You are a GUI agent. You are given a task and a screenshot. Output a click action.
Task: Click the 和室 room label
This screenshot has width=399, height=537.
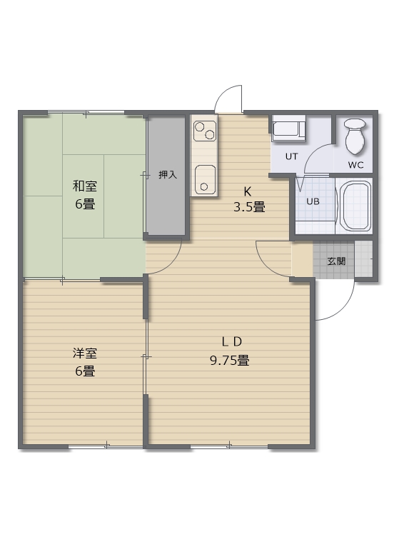[x=84, y=187]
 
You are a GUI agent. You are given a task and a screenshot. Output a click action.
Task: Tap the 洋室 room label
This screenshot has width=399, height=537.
[x=84, y=353]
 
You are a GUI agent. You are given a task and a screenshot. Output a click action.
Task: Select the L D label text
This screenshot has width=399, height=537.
[x=229, y=340]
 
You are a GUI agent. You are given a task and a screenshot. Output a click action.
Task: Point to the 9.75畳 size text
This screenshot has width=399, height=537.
[x=229, y=361]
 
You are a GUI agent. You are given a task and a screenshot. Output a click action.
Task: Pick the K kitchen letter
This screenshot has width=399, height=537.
[x=248, y=191]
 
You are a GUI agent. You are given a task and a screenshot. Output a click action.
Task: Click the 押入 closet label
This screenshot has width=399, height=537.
[x=168, y=175]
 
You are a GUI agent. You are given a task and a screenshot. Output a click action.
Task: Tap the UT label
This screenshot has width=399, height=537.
[x=291, y=156]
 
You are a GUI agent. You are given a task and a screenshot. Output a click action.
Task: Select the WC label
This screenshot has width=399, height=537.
[x=355, y=165]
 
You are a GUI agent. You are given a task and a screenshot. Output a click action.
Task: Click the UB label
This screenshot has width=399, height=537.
[x=313, y=201]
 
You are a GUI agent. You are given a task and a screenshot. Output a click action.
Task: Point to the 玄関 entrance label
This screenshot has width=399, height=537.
[x=336, y=261]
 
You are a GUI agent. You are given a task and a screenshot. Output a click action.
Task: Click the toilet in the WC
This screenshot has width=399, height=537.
[x=355, y=136]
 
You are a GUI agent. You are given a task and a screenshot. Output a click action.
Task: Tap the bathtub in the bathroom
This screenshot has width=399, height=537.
[x=354, y=206]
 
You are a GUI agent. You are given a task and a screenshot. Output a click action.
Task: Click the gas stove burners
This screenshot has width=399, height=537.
[x=205, y=131]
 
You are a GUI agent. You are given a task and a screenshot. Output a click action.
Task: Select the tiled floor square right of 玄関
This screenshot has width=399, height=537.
[x=363, y=261]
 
